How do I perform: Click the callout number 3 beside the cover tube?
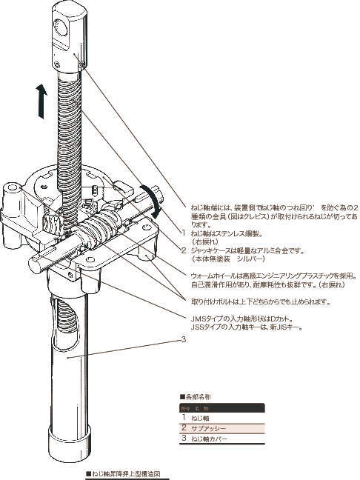coord(182,341)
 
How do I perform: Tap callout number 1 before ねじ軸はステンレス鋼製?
coord(184,233)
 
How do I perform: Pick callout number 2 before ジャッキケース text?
coord(184,251)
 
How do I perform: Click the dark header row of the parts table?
coord(221,408)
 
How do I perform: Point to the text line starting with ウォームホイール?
coord(267,275)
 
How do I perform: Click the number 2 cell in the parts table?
coord(184,428)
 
